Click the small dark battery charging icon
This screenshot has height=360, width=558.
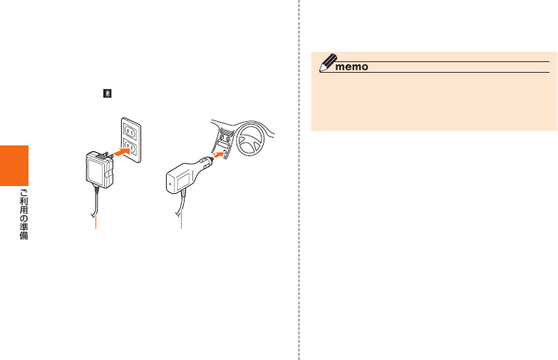tap(107, 93)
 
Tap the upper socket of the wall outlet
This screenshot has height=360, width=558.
tap(130, 129)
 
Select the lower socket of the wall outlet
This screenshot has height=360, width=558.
tap(130, 149)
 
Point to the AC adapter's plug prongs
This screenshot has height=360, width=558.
tap(108, 154)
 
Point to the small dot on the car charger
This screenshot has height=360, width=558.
tap(169, 181)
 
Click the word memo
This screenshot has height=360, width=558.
tap(351, 67)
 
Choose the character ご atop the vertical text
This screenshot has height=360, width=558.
tap(24, 192)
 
